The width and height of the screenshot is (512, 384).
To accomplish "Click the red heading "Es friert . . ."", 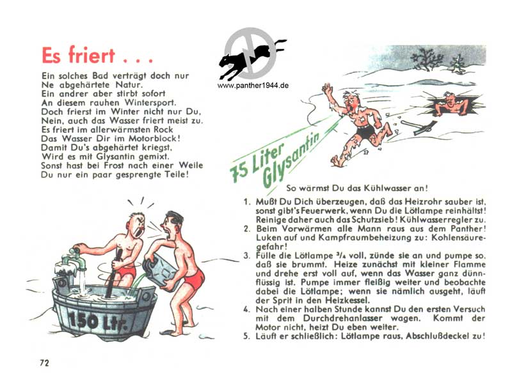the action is (97, 55).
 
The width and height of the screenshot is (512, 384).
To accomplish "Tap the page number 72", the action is (44, 363).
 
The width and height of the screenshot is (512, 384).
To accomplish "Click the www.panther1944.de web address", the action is (253, 86).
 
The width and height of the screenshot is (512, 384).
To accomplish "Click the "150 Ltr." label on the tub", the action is (97, 321).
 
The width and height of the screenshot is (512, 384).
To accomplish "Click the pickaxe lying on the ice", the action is (419, 127).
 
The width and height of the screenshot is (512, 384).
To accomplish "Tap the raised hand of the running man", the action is (327, 88).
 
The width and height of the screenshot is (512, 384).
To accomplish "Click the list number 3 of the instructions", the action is (246, 256).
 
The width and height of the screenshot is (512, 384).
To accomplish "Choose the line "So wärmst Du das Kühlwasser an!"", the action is (357, 188).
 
